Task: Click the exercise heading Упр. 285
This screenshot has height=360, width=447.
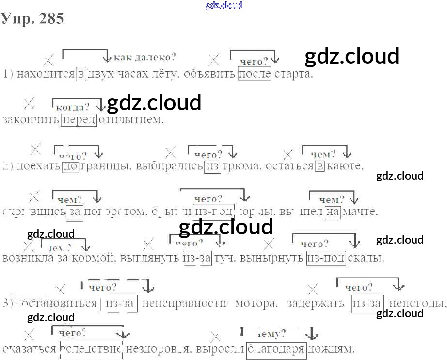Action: [x=32, y=18]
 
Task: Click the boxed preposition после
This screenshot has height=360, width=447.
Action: [x=255, y=74]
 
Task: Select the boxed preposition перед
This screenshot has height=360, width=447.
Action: [x=79, y=119]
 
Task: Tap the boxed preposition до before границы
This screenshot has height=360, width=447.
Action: [x=71, y=166]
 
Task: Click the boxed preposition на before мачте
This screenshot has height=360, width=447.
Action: [x=333, y=212]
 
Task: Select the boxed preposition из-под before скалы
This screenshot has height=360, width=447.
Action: [x=326, y=258]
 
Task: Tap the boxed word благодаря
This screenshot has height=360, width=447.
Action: [x=276, y=348]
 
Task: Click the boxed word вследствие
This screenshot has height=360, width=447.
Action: [x=91, y=348]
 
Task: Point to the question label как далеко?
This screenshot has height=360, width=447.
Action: [x=144, y=57]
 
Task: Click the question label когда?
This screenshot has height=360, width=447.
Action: [x=73, y=107]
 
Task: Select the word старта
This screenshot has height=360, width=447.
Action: [x=293, y=74]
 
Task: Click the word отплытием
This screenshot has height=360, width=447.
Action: [x=131, y=119]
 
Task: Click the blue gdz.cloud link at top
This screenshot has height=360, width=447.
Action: [x=223, y=5]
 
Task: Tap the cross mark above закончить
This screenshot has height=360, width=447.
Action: [x=30, y=103]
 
